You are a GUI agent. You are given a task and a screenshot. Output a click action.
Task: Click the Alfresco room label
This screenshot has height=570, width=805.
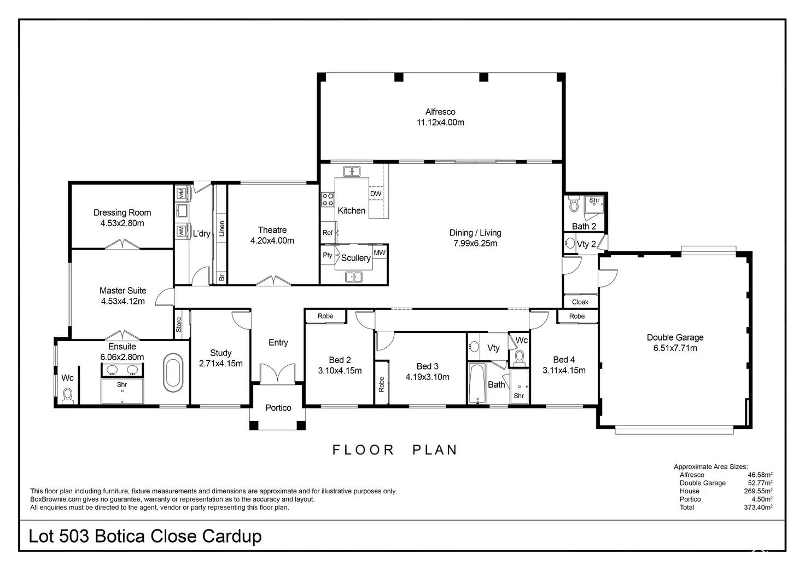(440, 112)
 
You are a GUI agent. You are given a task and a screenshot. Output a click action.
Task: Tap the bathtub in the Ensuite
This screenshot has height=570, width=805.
(173, 372)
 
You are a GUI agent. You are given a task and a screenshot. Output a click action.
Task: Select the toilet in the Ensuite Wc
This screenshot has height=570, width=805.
(68, 395)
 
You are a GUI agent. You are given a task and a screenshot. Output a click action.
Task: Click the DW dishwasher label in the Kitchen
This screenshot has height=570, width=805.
(376, 194)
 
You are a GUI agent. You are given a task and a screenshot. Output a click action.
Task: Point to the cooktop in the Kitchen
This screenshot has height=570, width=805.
(328, 199)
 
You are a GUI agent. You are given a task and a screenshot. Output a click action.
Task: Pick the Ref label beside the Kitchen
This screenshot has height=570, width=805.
(328, 233)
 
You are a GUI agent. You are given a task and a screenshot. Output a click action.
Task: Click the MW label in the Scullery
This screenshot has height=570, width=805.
(380, 252)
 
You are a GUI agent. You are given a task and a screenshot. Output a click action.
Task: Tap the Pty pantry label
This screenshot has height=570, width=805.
(328, 255)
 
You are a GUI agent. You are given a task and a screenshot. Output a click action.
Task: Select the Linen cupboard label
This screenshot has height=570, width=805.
(221, 228)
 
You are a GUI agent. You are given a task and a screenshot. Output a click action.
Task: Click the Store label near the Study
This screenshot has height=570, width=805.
(179, 324)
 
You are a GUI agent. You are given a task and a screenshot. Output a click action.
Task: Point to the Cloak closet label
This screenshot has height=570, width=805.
(580, 302)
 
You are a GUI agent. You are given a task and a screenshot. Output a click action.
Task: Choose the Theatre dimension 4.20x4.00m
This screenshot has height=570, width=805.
(272, 240)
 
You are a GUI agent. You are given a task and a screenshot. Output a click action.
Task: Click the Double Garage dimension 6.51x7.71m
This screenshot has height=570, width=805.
(675, 348)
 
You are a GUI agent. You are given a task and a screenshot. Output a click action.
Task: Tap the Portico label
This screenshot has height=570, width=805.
(278, 408)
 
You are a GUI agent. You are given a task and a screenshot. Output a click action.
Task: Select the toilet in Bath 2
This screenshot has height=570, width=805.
(574, 204)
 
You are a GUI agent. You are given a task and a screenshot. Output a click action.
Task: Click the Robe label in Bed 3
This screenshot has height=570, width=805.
(382, 384)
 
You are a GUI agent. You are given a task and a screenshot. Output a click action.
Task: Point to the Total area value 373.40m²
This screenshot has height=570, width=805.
(759, 507)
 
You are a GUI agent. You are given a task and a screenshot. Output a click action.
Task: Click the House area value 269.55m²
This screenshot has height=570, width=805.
(759, 491)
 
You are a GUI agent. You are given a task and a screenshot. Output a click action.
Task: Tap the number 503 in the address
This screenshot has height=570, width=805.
(74, 536)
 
